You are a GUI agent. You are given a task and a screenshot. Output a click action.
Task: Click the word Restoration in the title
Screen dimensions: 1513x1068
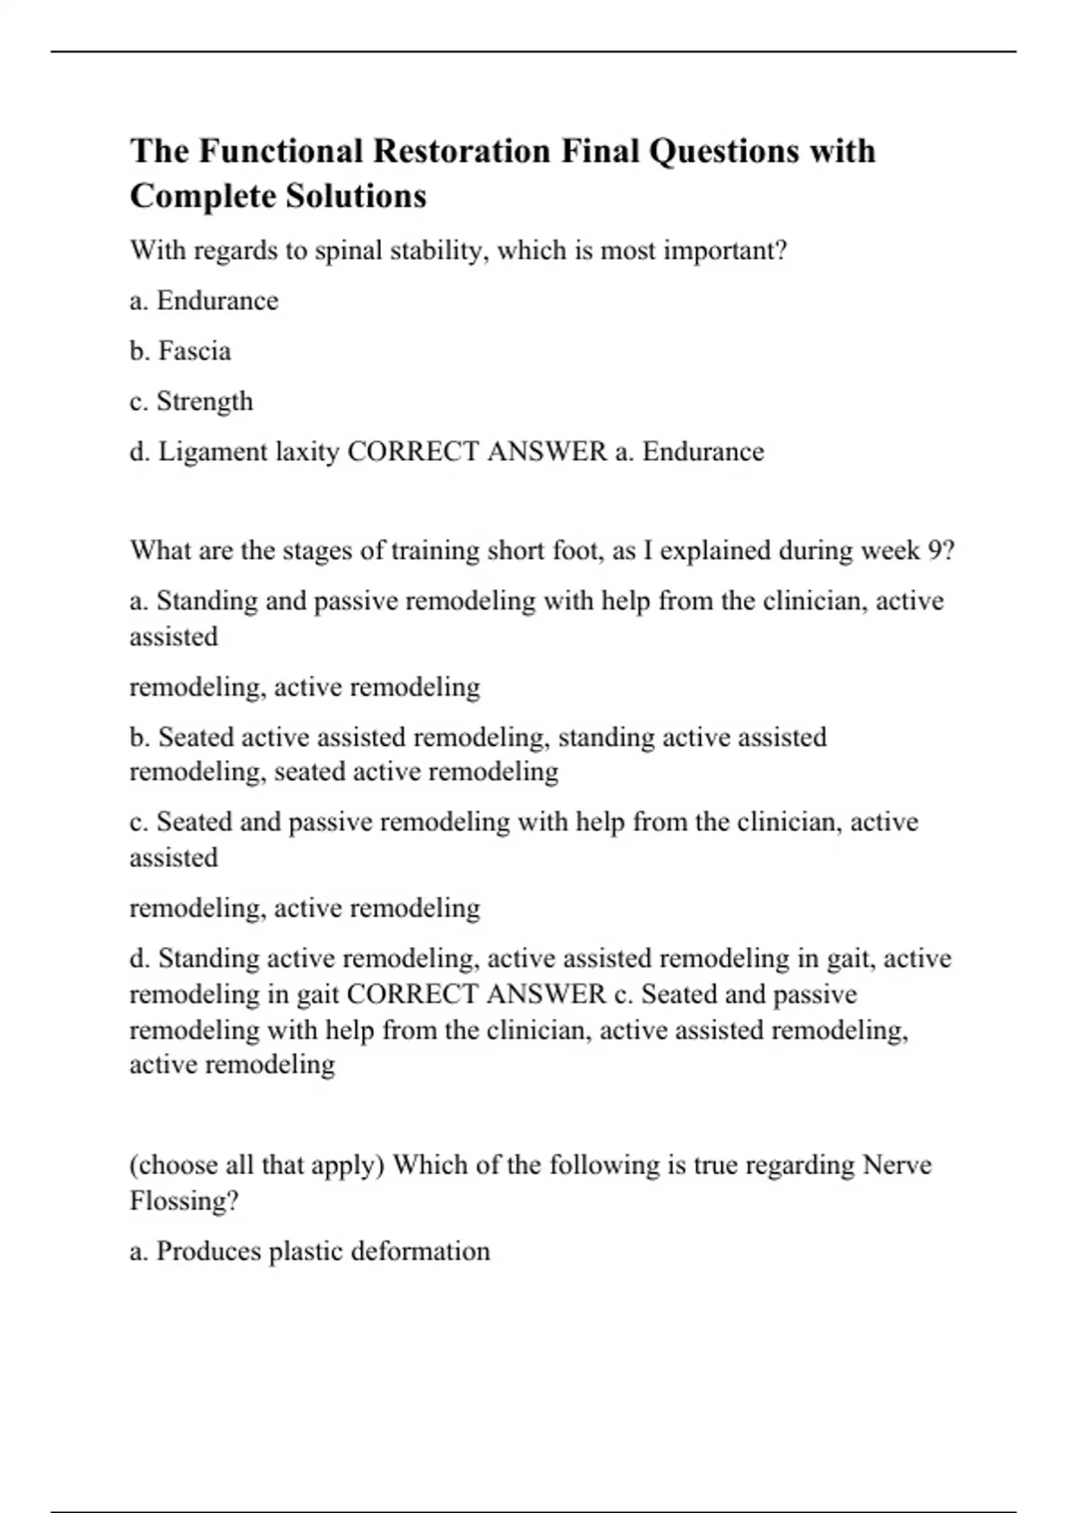pyautogui.click(x=461, y=151)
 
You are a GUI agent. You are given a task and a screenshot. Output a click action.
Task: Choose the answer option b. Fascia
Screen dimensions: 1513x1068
pyautogui.click(x=180, y=352)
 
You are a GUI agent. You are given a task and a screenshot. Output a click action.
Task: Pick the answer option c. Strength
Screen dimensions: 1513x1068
pyautogui.click(x=191, y=402)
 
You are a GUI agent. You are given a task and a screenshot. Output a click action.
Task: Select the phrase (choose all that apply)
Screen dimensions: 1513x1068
pyautogui.click(x=257, y=1165)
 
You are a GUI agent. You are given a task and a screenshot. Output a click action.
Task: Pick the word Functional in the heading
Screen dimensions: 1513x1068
pyautogui.click(x=280, y=151)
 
